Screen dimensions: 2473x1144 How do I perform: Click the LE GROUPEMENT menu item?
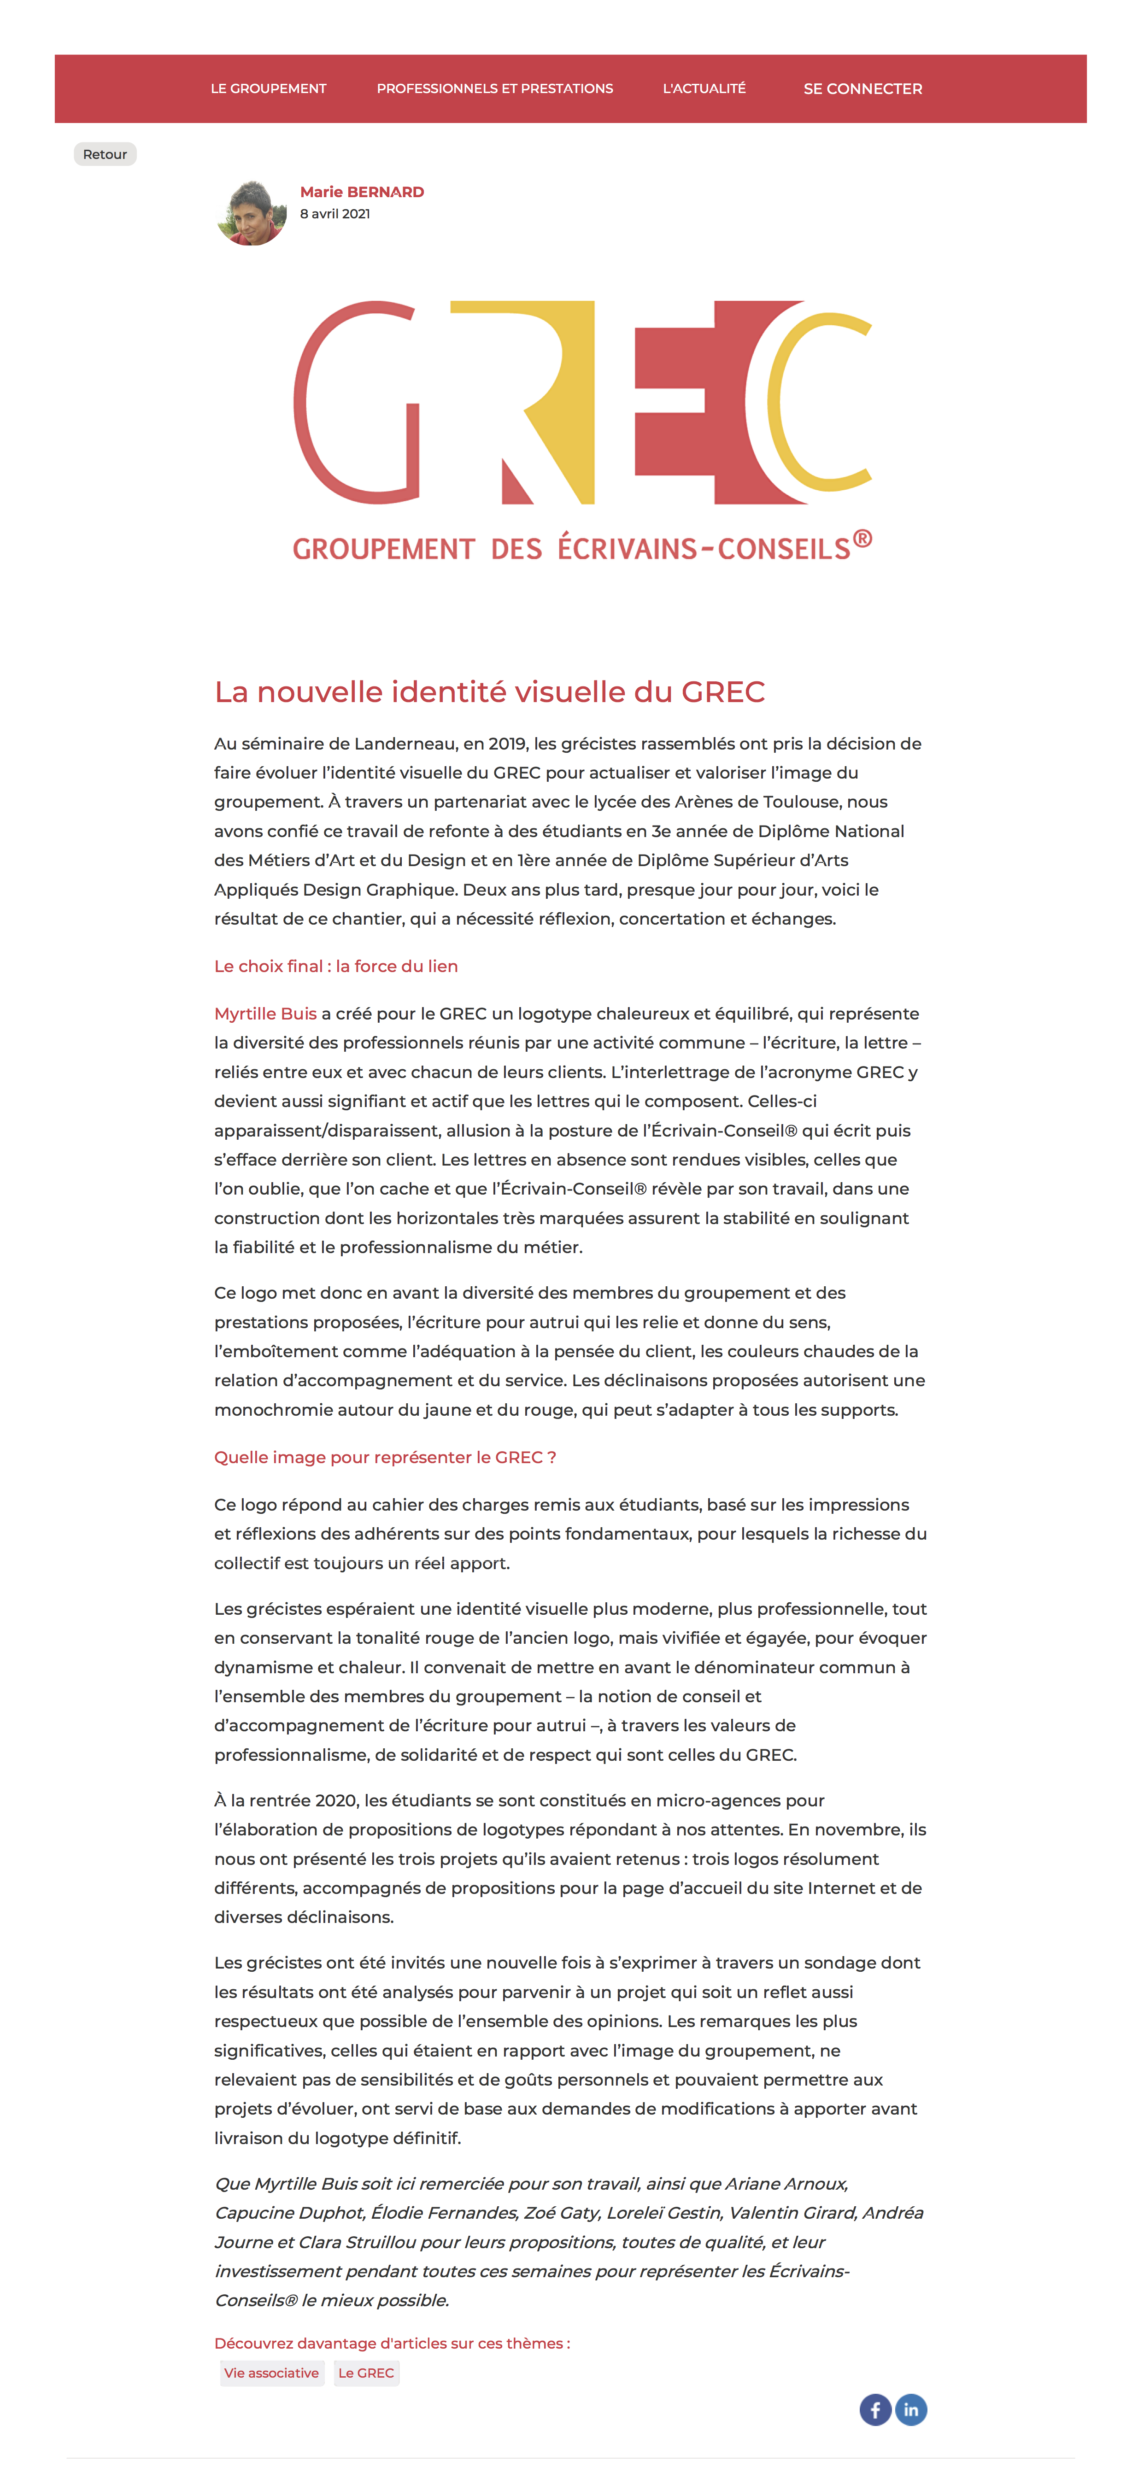269,88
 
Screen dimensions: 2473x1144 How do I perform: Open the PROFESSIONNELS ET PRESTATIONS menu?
494,88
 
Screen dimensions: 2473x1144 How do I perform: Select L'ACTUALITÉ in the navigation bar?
704,88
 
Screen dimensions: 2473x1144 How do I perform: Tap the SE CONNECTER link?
862,88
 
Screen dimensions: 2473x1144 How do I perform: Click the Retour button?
105,155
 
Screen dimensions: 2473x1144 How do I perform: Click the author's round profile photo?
252,213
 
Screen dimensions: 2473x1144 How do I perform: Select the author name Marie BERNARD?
362,192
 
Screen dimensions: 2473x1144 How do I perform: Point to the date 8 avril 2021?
335,214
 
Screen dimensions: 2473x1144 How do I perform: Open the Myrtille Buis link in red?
265,1014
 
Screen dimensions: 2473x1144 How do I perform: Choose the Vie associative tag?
272,2373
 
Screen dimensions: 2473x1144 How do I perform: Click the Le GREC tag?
366,2373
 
